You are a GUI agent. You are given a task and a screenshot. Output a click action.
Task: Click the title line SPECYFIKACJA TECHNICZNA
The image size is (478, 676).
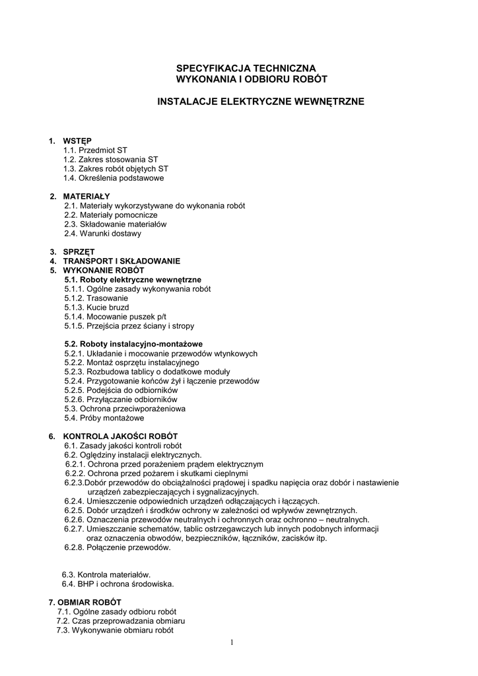pos(246,68)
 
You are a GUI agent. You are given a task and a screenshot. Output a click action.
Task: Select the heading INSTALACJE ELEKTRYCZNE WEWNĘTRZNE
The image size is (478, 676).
pos(260,102)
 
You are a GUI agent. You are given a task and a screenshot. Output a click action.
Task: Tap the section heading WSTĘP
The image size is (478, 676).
pos(77,141)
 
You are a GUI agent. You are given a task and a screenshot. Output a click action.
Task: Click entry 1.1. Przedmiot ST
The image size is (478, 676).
pos(95,150)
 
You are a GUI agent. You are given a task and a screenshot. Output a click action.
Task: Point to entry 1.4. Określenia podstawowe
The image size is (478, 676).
pos(114,178)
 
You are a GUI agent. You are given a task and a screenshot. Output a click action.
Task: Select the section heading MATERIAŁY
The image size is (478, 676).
pos(86,196)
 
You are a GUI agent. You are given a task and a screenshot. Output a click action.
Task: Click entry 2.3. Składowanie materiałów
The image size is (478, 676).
pos(116,224)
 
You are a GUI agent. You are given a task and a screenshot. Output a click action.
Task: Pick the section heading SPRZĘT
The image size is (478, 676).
pos(79,252)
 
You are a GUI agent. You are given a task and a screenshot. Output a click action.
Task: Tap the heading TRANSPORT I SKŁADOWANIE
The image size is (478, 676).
pos(121,261)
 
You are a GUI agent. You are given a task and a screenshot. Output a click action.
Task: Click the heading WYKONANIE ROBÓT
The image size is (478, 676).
pos(103,270)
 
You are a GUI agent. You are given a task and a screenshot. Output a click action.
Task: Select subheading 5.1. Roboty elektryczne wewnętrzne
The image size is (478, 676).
pos(133,279)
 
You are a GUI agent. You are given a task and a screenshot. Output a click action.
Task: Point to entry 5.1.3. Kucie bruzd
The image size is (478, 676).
pos(96,307)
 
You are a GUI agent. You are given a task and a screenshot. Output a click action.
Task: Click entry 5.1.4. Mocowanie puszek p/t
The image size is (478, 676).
pos(116,316)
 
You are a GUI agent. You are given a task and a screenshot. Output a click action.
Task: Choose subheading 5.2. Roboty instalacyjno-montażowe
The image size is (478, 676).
pos(133,344)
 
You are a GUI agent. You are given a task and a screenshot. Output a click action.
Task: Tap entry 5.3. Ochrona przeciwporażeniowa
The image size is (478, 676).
pos(125,409)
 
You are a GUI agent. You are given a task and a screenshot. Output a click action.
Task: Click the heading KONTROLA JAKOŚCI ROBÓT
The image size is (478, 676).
pos(120,436)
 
